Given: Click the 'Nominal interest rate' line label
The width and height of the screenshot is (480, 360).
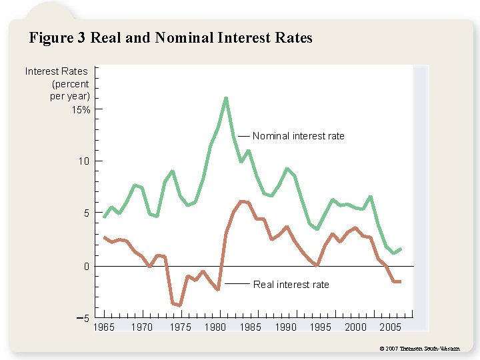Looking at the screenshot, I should (x=298, y=136).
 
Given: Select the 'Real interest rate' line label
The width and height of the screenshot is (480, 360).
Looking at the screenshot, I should (x=291, y=285).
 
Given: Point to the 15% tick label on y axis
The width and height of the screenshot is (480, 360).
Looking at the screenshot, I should (x=81, y=109).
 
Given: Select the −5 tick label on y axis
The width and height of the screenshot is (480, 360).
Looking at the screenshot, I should (x=83, y=319).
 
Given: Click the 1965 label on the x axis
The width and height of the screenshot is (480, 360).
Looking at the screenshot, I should (x=103, y=327).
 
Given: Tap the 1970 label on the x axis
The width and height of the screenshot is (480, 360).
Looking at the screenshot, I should (x=141, y=327).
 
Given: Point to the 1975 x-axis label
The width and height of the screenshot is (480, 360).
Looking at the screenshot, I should (x=180, y=327).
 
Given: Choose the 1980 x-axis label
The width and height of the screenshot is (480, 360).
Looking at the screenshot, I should (x=215, y=327).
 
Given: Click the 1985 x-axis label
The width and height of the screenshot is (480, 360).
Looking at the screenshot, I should (x=250, y=327).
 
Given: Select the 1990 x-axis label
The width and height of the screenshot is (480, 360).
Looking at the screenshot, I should (x=285, y=327).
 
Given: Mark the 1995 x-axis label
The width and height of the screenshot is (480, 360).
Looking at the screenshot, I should (x=321, y=327).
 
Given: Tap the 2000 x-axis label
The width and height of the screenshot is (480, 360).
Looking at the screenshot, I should (x=355, y=327).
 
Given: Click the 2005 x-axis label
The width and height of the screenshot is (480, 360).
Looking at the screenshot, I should (x=391, y=327).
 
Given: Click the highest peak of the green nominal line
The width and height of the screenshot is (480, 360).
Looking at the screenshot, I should (x=226, y=99).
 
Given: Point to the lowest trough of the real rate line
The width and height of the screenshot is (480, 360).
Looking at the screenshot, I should (x=180, y=305).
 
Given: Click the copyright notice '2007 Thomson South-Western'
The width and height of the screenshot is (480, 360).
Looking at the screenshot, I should (x=419, y=349).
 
